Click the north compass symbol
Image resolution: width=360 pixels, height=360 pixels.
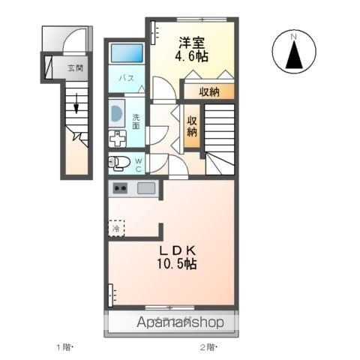pyautogui.click(x=294, y=52)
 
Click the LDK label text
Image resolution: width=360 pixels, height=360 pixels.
pyautogui.click(x=177, y=250)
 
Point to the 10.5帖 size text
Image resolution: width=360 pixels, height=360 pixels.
pyautogui.click(x=177, y=264)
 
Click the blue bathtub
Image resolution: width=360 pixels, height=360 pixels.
pyautogui.click(x=127, y=54)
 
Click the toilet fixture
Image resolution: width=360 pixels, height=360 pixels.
pyautogui.click(x=120, y=162)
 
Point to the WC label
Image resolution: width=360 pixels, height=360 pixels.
pyautogui.click(x=138, y=163)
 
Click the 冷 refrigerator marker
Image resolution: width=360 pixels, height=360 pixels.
pyautogui.click(x=116, y=227)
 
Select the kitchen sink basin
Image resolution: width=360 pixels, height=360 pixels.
pyautogui.click(x=146, y=188)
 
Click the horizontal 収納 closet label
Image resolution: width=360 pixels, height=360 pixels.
pyautogui.click(x=210, y=92)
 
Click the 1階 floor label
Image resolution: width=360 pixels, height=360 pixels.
pyautogui.click(x=66, y=347)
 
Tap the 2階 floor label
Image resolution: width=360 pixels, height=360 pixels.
pyautogui.click(x=208, y=347)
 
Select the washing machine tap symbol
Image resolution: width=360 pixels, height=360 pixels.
pyautogui.click(x=118, y=139)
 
